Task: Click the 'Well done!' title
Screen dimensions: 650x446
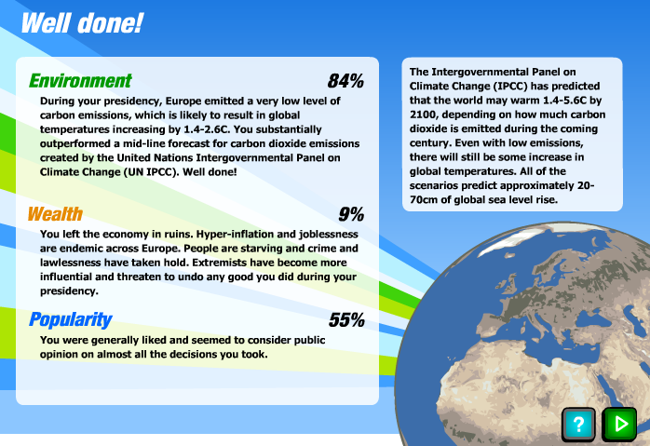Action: pyautogui.click(x=82, y=23)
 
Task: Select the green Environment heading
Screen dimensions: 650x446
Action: pyautogui.click(x=80, y=81)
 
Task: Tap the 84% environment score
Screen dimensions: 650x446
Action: pyautogui.click(x=345, y=81)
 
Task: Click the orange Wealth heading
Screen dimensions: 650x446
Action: pyautogui.click(x=56, y=214)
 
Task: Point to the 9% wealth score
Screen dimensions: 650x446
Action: pyautogui.click(x=351, y=214)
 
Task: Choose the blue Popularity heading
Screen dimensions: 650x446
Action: pyautogui.click(x=71, y=320)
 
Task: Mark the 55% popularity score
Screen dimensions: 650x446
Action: pyautogui.click(x=347, y=320)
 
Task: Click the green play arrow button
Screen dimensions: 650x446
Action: pyautogui.click(x=619, y=424)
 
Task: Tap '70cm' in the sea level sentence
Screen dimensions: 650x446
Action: pyautogui.click(x=424, y=200)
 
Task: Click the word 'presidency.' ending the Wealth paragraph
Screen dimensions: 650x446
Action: pyautogui.click(x=69, y=291)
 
